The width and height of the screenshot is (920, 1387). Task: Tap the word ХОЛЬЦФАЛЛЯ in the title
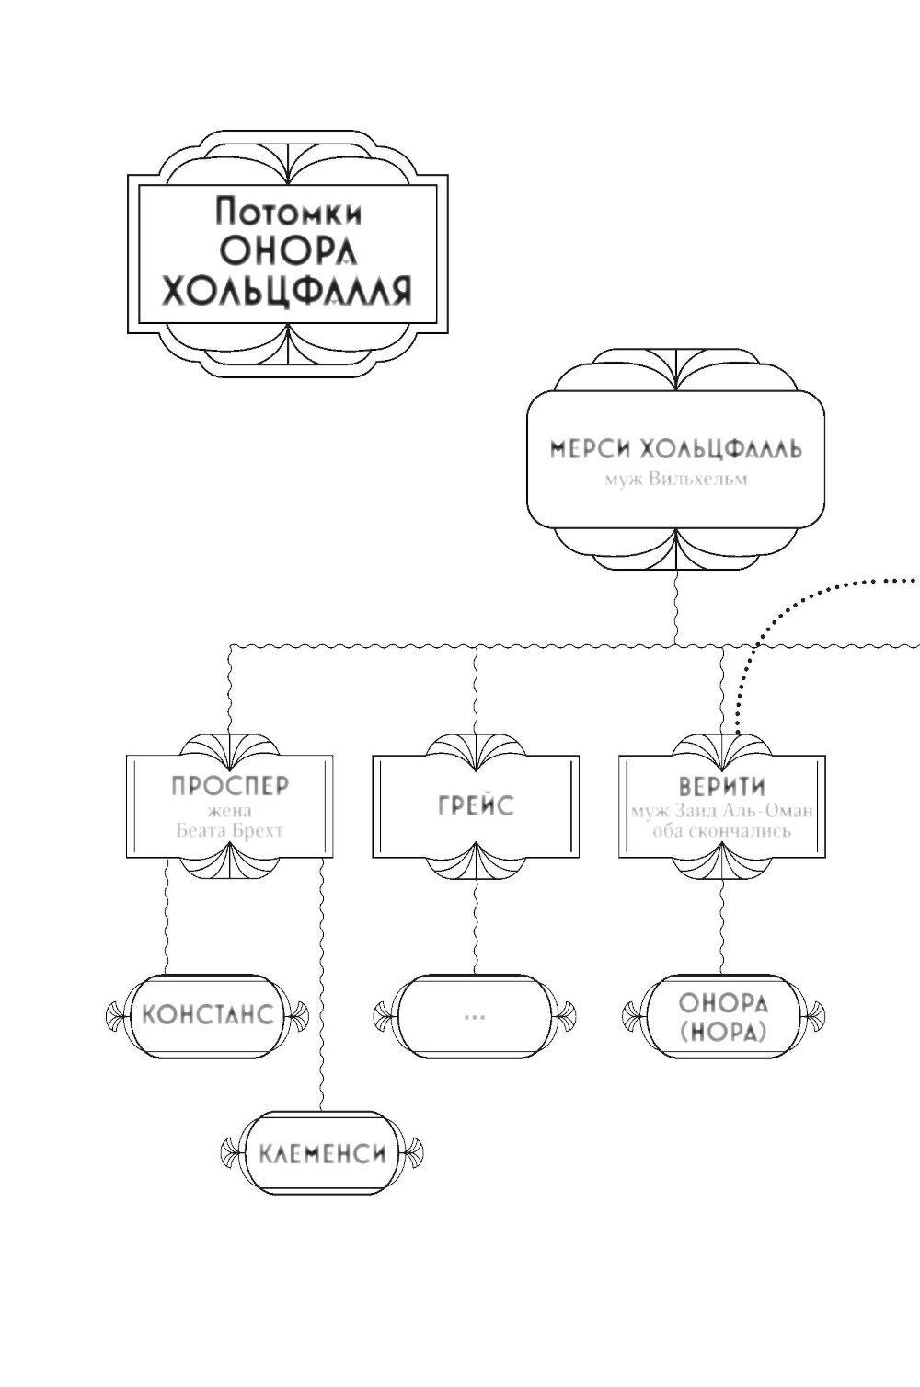click(x=285, y=292)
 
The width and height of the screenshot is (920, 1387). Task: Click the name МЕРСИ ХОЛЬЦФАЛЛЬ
click(x=676, y=449)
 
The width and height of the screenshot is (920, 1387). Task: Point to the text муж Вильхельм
click(x=676, y=479)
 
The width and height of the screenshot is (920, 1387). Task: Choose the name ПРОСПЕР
click(x=230, y=785)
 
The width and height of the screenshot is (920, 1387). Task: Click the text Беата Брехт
click(x=230, y=830)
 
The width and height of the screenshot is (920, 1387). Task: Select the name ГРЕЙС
click(x=476, y=805)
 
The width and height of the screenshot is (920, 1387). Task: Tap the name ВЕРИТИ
click(x=722, y=787)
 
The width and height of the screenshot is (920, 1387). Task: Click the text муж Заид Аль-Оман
click(x=722, y=812)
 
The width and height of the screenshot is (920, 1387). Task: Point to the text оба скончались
click(x=722, y=830)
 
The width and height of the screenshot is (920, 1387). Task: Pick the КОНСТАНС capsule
click(x=207, y=1015)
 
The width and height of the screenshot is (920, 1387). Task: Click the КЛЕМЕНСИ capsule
click(x=321, y=1153)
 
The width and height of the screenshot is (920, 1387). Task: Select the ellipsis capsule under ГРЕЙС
click(x=475, y=1016)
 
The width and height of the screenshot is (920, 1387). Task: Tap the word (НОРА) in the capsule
click(x=722, y=1032)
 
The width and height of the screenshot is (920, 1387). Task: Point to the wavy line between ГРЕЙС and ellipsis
click(x=476, y=925)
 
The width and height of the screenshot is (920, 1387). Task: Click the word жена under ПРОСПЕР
click(x=230, y=811)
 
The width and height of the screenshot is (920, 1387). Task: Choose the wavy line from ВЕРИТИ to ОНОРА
click(x=722, y=925)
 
